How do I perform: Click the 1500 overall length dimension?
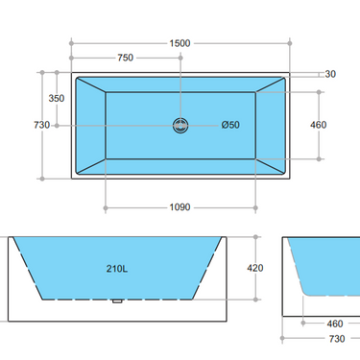pos(180,42)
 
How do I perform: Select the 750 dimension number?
pos(125,58)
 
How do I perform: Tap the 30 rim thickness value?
pos(330,74)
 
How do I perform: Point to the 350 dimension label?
pos(57,99)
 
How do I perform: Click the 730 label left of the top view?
pos(41,125)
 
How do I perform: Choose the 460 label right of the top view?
pos(318,125)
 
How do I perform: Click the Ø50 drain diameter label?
pos(230,125)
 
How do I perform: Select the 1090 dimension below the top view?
pos(180,206)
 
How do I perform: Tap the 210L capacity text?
pos(117,270)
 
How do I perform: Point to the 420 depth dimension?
pos(255,269)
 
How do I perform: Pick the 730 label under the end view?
pos(336,339)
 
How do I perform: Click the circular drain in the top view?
pos(180,125)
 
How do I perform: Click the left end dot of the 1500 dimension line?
pos(72,42)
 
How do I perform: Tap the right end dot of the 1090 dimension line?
pos(256,206)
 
